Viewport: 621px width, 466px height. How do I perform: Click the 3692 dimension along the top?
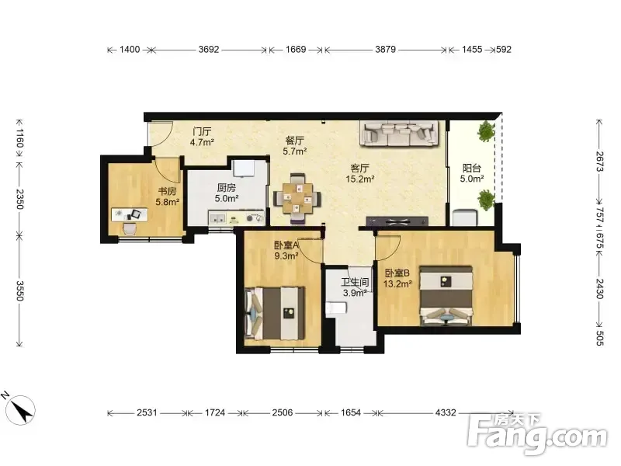[x=209, y=50]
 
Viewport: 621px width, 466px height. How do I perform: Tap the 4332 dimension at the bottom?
[x=446, y=413]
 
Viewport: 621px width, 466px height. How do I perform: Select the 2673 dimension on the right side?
[x=599, y=162]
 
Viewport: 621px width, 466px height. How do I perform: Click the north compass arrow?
[x=21, y=410]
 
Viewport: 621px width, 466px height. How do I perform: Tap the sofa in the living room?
[x=399, y=133]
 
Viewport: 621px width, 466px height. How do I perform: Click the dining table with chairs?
[x=297, y=198]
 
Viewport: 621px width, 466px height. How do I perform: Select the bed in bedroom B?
[x=446, y=296]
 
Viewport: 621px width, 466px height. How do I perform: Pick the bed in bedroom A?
[x=275, y=313]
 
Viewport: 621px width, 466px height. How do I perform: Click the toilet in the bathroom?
[x=336, y=308]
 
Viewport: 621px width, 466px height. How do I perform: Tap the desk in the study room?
[x=130, y=214]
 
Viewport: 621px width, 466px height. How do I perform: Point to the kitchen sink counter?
[x=237, y=217]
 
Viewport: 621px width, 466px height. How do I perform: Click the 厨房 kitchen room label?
[x=226, y=187]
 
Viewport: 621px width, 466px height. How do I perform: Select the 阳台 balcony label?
[x=471, y=168]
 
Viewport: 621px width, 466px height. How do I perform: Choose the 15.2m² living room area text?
[x=360, y=179]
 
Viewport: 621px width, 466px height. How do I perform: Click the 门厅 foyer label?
[x=202, y=131]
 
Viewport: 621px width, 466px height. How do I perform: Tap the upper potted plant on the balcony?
[x=486, y=131]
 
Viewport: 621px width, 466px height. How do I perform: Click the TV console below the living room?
[x=397, y=221]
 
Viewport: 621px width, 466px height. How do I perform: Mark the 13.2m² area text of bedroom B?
[x=397, y=283]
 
